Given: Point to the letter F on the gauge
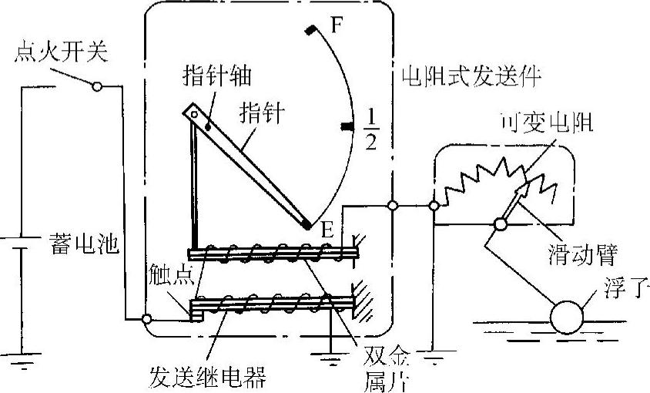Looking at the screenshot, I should tap(337, 25).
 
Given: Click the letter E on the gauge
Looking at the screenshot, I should tap(327, 229).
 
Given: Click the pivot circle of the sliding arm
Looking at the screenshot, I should tap(500, 225).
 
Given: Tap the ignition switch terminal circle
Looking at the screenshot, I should tap(96, 86).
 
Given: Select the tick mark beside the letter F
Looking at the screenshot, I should tap(310, 30).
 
